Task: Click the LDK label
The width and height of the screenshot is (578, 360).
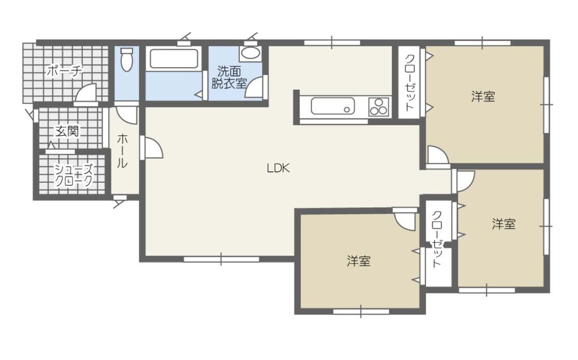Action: pyautogui.click(x=278, y=168)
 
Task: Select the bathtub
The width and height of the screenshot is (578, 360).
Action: pyautogui.click(x=173, y=59)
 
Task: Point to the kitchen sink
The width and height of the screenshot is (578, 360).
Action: pyautogui.click(x=332, y=106)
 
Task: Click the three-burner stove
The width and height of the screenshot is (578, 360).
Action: pyautogui.click(x=379, y=106)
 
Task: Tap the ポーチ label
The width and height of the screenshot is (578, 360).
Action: pyautogui.click(x=64, y=71)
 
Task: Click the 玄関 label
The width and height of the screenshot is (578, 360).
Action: pyautogui.click(x=67, y=131)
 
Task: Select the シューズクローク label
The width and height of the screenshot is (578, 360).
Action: pyautogui.click(x=74, y=175)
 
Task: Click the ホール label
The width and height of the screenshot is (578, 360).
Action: pyautogui.click(x=122, y=151)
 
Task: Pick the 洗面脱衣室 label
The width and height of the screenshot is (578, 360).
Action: pyautogui.click(x=228, y=77)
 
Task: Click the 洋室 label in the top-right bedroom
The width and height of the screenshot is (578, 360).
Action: pyautogui.click(x=483, y=96)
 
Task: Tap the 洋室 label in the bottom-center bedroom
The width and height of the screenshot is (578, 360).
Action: pyautogui.click(x=358, y=261)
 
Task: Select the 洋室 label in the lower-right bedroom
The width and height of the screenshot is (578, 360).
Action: pyautogui.click(x=504, y=224)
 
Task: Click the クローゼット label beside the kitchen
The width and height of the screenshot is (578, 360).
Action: pyautogui.click(x=410, y=83)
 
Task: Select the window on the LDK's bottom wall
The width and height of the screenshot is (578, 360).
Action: pyautogui.click(x=221, y=259)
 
